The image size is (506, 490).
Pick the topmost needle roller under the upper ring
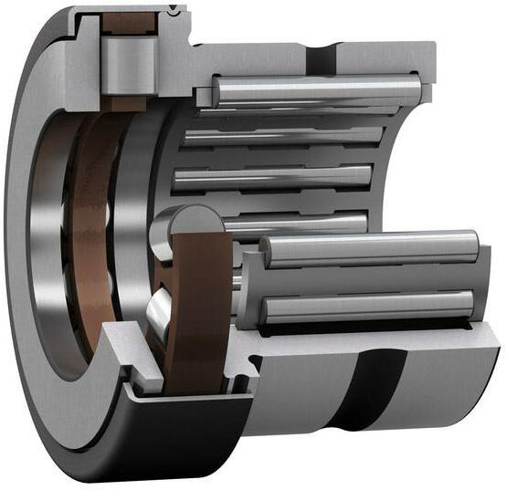316,90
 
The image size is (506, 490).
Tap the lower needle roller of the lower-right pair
365,307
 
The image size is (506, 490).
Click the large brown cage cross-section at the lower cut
199,310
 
